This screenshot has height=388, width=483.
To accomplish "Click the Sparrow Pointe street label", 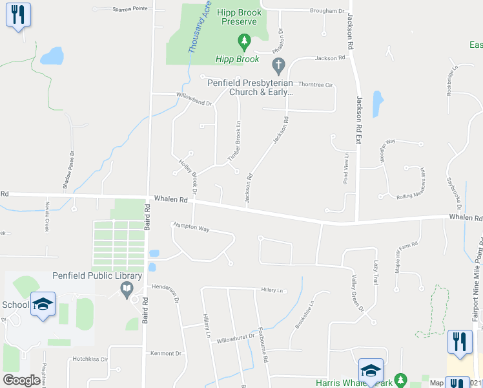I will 130,8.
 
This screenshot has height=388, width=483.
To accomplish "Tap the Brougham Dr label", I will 327,11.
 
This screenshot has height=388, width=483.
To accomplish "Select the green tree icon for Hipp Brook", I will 244,43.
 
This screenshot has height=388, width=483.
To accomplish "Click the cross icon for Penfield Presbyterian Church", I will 278,65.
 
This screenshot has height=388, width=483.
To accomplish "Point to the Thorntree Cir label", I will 315,85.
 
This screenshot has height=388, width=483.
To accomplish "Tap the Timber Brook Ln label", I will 235,141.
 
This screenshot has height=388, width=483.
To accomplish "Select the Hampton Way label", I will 190,228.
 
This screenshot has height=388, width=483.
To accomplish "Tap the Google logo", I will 21,380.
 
